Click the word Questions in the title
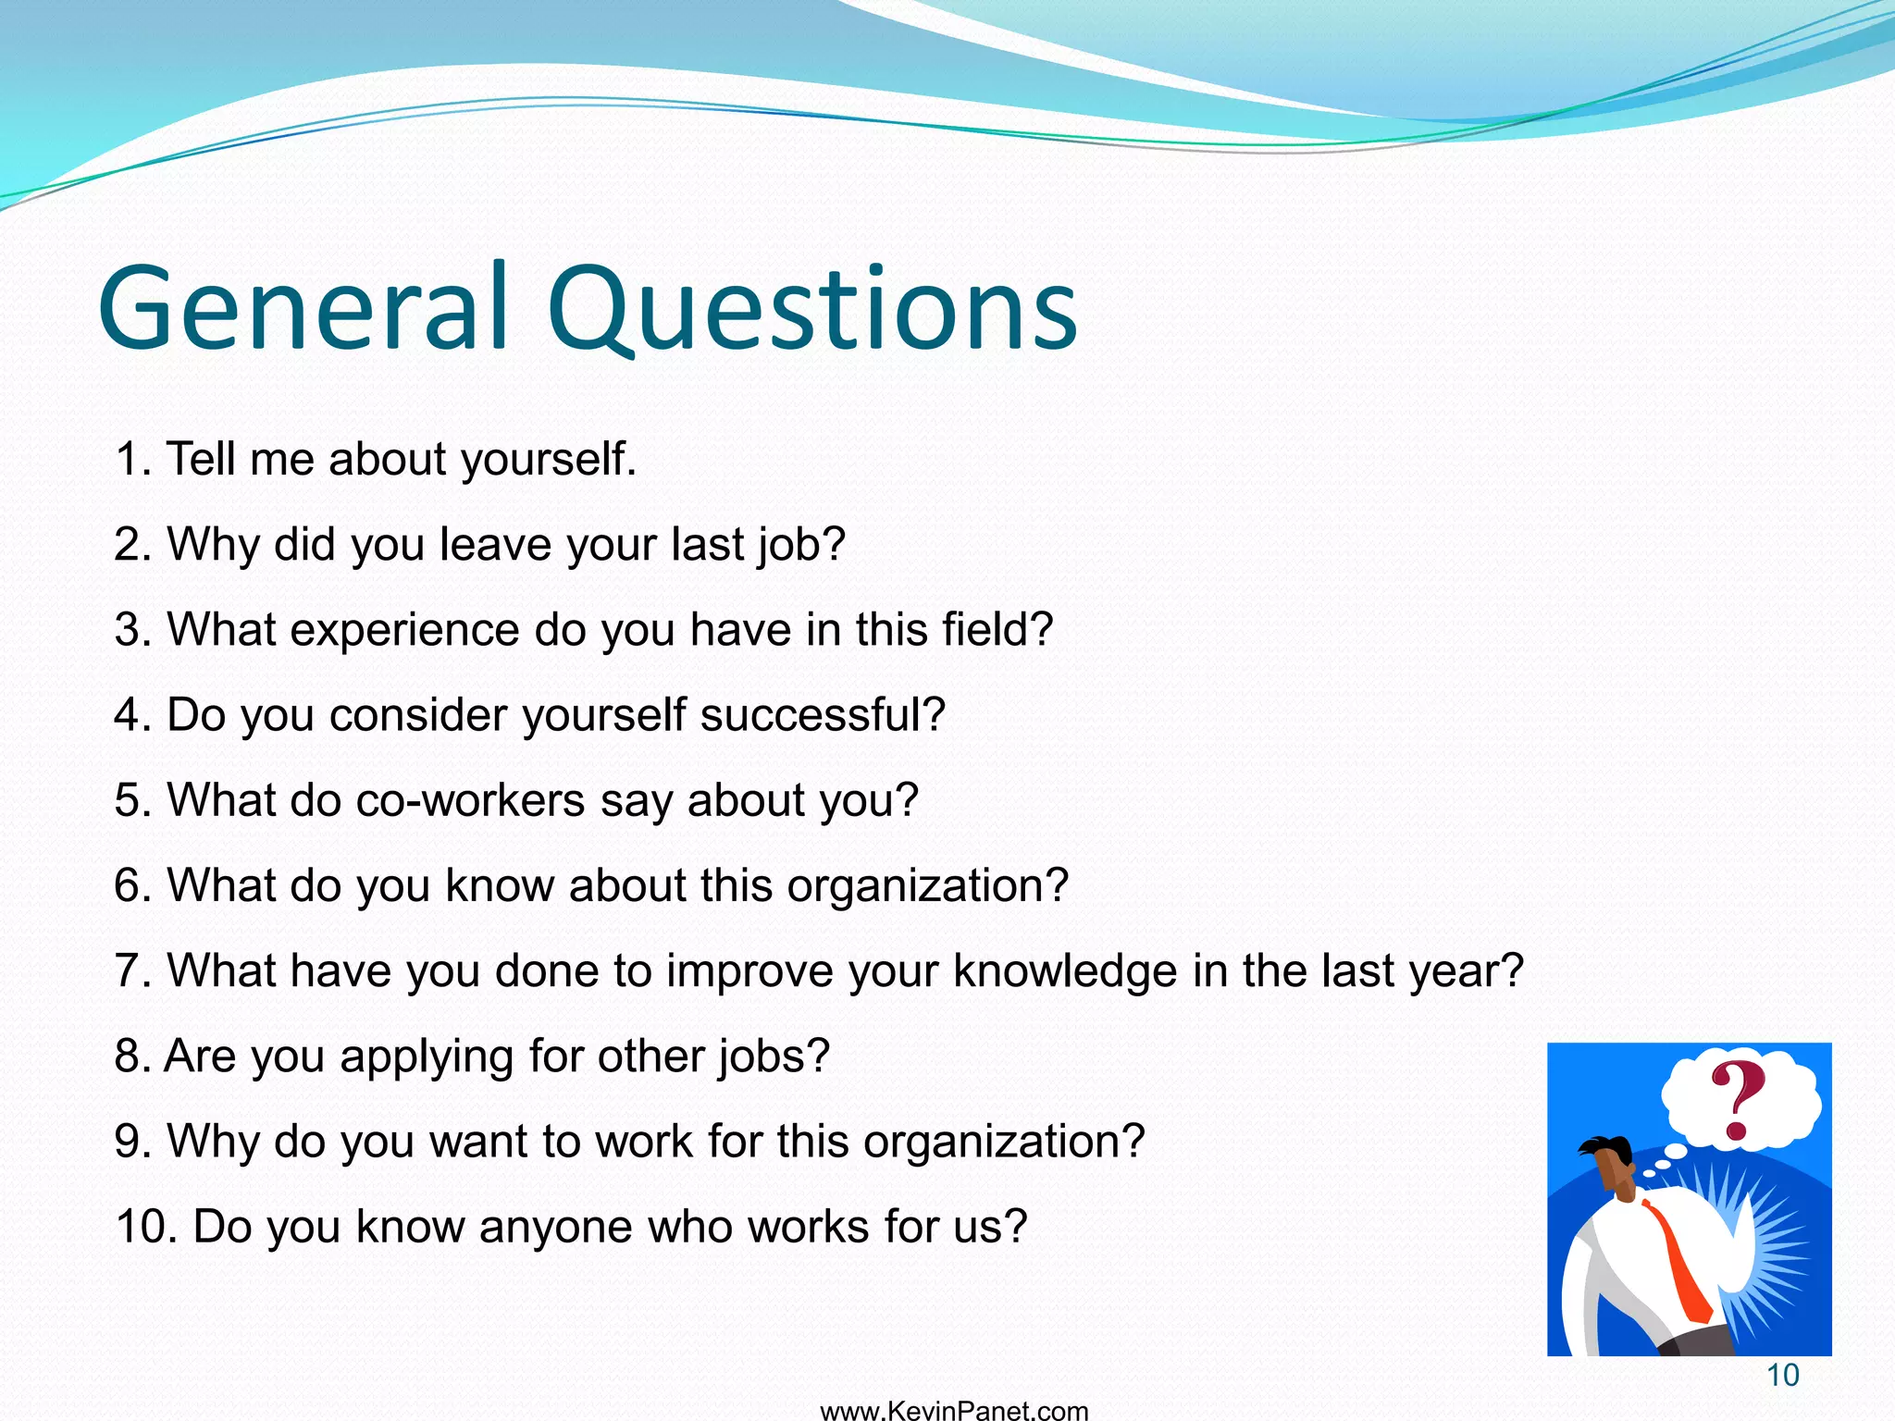pyautogui.click(x=812, y=310)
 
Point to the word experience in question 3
pyautogui.click(x=405, y=630)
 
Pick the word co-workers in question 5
pyautogui.click(x=470, y=800)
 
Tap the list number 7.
pyautogui.click(x=132, y=971)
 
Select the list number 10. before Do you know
pyautogui.click(x=146, y=1228)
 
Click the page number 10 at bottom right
pyautogui.click(x=1782, y=1376)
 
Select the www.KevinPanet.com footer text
pyautogui.click(x=954, y=1411)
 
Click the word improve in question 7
pyautogui.click(x=749, y=971)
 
